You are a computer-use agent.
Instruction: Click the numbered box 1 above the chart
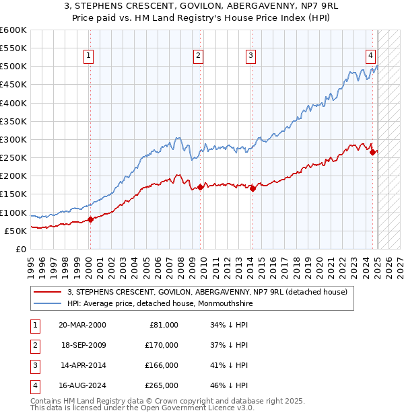89,56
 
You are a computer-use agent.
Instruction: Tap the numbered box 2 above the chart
199,56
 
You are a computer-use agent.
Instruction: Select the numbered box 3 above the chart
250,56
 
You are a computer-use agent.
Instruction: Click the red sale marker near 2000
90,219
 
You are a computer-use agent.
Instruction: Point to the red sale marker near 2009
200,187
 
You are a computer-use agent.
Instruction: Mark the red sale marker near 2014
252,188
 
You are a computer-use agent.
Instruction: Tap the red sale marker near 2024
372,152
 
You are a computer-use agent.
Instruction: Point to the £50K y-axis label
15,231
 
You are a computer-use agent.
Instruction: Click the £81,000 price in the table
164,325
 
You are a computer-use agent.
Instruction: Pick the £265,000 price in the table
162,385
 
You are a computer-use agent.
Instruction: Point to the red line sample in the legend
48,292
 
